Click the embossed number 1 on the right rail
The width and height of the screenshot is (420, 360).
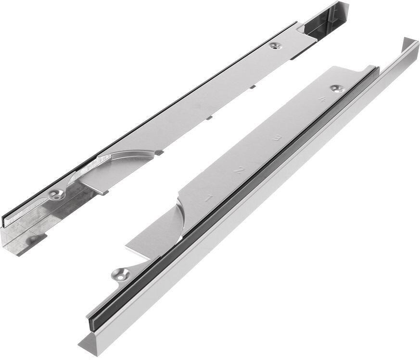tap(208, 199)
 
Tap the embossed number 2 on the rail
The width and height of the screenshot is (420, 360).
tap(239, 170)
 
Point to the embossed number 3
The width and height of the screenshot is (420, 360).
tap(277, 138)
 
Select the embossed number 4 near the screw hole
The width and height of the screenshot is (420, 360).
tap(322, 100)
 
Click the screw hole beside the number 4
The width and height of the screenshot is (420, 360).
tap(338, 88)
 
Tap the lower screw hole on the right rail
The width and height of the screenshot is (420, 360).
tap(121, 274)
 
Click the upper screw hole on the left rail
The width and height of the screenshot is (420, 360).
tap(276, 46)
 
